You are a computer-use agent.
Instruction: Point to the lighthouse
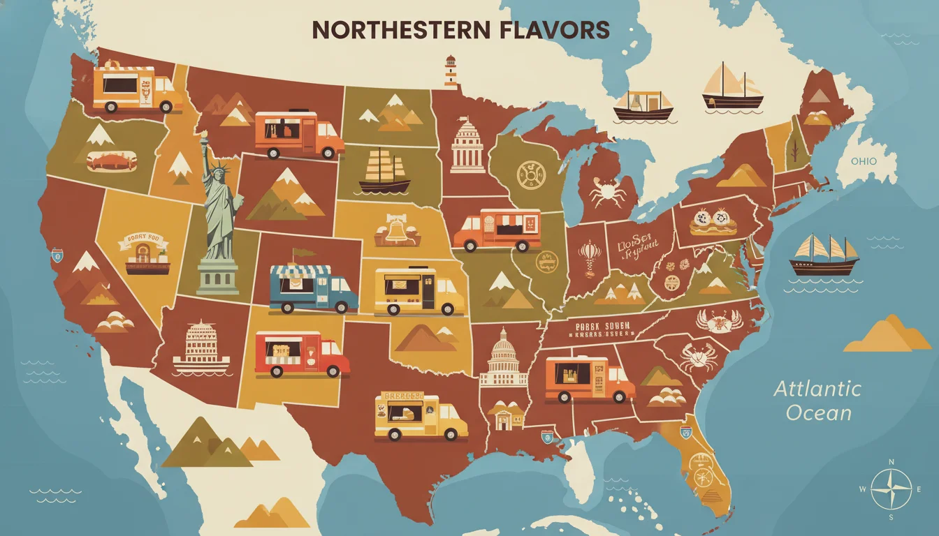pyautogui.click(x=451, y=72)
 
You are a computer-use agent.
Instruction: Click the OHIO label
pyautogui.click(x=863, y=161)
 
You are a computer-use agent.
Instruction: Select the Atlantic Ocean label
pyautogui.click(x=817, y=400)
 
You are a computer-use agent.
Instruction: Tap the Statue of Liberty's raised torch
pyautogui.click(x=205, y=140)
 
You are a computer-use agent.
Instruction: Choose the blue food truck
pyautogui.click(x=313, y=288)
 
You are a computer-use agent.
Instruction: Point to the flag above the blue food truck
pyautogui.click(x=304, y=253)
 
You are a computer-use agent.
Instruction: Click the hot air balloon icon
pyautogui.click(x=588, y=252)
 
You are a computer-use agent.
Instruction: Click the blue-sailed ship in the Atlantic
pyautogui.click(x=824, y=255)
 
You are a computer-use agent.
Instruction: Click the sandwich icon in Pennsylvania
pyautogui.click(x=713, y=221)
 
